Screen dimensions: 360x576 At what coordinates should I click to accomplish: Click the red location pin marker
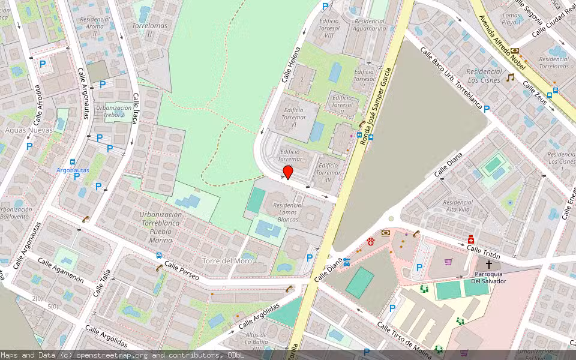(x=288, y=172)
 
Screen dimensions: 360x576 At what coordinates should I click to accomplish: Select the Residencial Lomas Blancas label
(x=293, y=212)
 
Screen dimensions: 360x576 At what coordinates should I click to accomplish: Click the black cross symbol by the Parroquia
(x=489, y=264)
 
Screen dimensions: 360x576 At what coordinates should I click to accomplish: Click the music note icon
(x=511, y=77)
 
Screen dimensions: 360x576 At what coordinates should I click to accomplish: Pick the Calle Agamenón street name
(x=61, y=271)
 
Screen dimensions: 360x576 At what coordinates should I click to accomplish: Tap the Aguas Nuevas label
(x=28, y=130)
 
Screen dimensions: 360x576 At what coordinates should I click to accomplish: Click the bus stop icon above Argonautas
(x=73, y=162)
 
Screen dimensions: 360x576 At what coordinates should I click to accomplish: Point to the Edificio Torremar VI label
(x=294, y=113)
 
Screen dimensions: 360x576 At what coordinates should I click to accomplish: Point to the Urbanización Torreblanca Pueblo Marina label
(x=160, y=227)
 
